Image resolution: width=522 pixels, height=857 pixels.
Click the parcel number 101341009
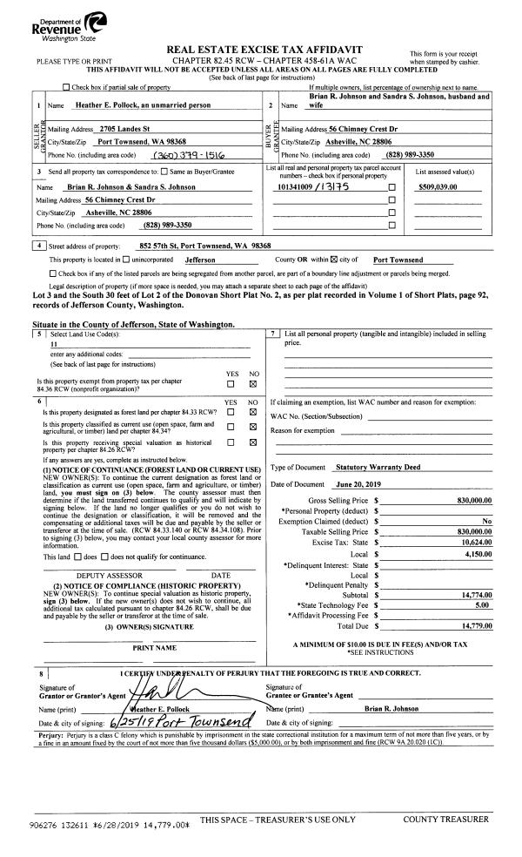(x=297, y=186)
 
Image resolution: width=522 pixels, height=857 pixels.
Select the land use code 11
(x=55, y=344)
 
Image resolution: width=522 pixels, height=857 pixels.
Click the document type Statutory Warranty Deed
(x=378, y=467)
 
